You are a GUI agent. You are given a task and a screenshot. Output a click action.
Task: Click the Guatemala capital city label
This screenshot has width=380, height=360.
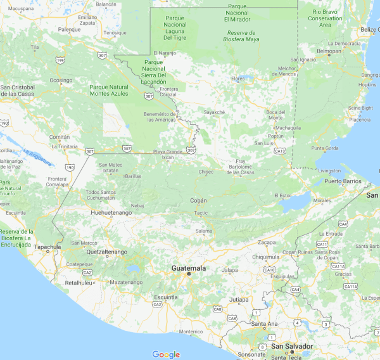coord(189,268)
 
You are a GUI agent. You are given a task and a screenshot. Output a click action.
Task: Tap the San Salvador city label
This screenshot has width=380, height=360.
coord(292,346)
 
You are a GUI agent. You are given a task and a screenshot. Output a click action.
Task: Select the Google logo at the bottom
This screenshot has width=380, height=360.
coord(166,354)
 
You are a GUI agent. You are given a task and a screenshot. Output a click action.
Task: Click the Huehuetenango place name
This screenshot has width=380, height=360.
coord(111,213)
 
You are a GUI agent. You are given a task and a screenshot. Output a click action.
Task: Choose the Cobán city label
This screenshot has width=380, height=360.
coord(198,200)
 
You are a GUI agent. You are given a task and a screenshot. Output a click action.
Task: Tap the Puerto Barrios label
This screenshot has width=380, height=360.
coord(343,181)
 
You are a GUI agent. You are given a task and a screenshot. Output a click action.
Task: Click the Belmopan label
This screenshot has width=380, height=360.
coord(329,51)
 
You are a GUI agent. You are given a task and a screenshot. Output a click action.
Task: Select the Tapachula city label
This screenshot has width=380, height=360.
coord(48,247)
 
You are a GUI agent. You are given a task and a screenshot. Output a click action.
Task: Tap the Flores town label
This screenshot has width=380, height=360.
coord(238,79)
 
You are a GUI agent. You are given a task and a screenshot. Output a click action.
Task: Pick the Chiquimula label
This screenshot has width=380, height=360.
coord(265,257)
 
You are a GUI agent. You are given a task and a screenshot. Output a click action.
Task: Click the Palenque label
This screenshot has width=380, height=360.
coord(69,29)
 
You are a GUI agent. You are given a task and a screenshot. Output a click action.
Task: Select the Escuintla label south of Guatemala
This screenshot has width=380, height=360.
coord(166,297)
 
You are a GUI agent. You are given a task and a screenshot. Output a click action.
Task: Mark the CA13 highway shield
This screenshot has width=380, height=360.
coord(280,150)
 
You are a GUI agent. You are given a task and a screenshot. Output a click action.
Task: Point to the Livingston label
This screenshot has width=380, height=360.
coord(329,170)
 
